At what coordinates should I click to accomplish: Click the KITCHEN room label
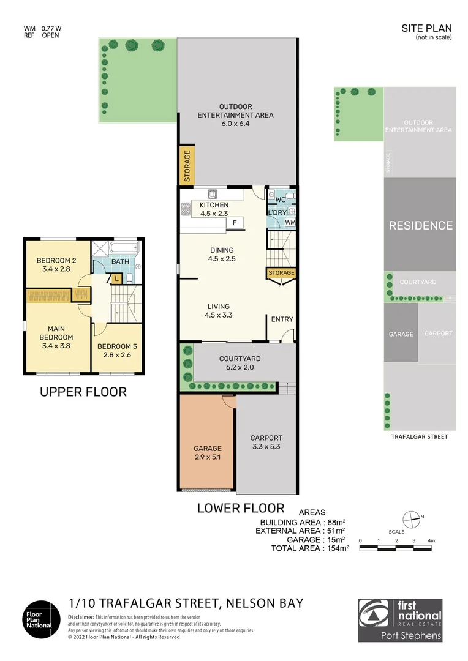214,205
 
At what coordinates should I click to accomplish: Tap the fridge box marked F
235,223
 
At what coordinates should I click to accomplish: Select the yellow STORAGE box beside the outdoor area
186,165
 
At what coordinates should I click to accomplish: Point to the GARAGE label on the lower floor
208,449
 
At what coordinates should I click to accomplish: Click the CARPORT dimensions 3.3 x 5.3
266,446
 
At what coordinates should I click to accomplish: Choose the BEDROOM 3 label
118,346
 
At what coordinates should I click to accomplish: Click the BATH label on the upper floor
120,262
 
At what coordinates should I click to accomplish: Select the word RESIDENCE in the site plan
421,225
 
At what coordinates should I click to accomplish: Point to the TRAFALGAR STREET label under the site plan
420,437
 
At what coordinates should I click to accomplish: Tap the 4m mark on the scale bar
431,540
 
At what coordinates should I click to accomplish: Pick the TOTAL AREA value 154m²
338,548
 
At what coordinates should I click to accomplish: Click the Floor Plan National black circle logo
42,619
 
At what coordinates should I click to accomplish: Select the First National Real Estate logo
400,620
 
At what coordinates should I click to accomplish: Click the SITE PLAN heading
426,28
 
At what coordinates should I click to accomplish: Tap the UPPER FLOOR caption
83,392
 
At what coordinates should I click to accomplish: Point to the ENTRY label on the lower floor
282,319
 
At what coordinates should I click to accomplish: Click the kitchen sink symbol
213,194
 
